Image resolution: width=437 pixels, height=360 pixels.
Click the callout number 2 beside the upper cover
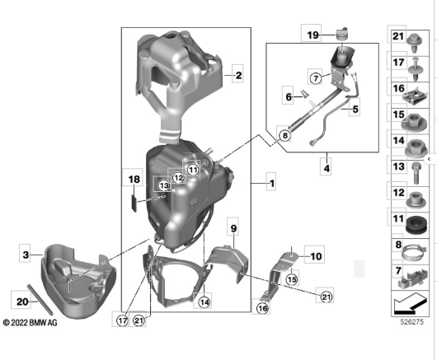coord(238,75)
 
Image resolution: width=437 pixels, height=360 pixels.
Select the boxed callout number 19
coord(312,35)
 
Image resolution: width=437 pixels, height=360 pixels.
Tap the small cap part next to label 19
coord(341,34)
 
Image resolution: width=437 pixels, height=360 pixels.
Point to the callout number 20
coord(22,302)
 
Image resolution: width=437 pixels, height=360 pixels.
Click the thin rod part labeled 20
coord(40,298)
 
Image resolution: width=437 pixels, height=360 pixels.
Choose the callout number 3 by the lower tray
coord(26,255)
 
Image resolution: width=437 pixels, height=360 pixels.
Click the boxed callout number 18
coord(134,179)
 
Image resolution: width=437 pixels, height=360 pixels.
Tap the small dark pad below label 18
coord(134,203)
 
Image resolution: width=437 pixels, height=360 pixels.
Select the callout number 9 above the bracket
coord(233,228)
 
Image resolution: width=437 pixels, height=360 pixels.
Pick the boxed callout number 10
coord(316,256)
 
